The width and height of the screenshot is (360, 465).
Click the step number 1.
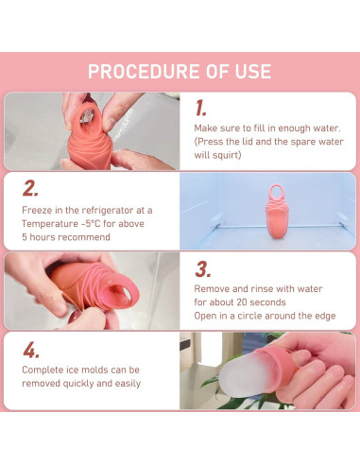pos(200,108)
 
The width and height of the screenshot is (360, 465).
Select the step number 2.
pos(30,188)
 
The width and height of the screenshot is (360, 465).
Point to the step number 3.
pos(202,269)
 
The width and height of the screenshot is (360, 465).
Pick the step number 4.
pos(31,350)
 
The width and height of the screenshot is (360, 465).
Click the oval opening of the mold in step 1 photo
pos(86,117)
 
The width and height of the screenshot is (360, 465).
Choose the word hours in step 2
pos(43,237)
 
